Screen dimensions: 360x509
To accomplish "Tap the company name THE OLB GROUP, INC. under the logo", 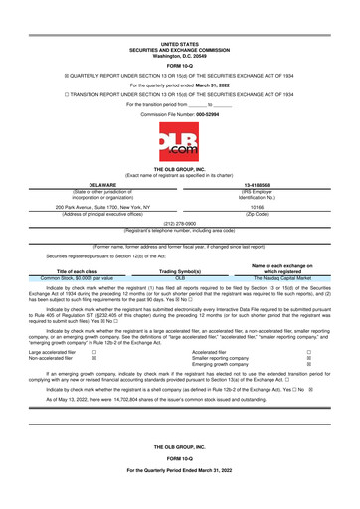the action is pos(180,172).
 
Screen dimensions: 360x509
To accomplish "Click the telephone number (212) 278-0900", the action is pos(180,224).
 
